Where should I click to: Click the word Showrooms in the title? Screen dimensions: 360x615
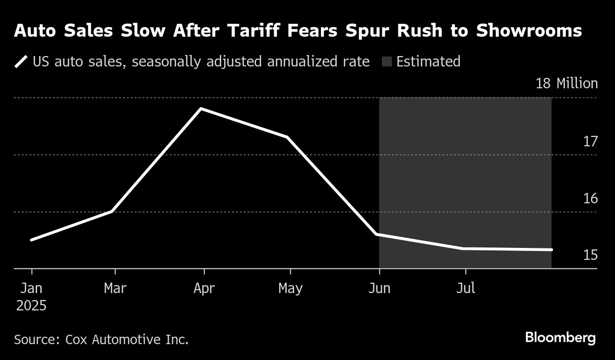[529, 31]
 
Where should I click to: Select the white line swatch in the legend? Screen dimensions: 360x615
[21, 62]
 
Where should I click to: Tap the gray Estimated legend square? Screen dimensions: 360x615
[387, 62]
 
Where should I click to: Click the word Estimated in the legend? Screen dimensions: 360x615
[428, 61]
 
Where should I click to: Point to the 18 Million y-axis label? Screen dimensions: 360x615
[566, 83]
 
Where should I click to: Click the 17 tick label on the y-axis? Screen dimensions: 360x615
[590, 142]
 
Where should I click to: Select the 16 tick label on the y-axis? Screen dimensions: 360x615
[590, 199]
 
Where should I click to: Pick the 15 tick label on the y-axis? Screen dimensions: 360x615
[590, 255]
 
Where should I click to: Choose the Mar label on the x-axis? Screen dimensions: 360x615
[115, 288]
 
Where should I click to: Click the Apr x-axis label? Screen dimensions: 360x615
[204, 288]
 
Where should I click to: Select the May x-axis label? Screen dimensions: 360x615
[290, 288]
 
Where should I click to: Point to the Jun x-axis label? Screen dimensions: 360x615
[379, 288]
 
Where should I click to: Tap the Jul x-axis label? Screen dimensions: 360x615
[465, 288]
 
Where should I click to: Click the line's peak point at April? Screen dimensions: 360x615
[201, 109]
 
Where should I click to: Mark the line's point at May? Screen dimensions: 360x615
[288, 137]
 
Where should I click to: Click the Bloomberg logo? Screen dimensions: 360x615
[560, 338]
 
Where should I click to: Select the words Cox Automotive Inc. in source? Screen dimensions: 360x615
[126, 340]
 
